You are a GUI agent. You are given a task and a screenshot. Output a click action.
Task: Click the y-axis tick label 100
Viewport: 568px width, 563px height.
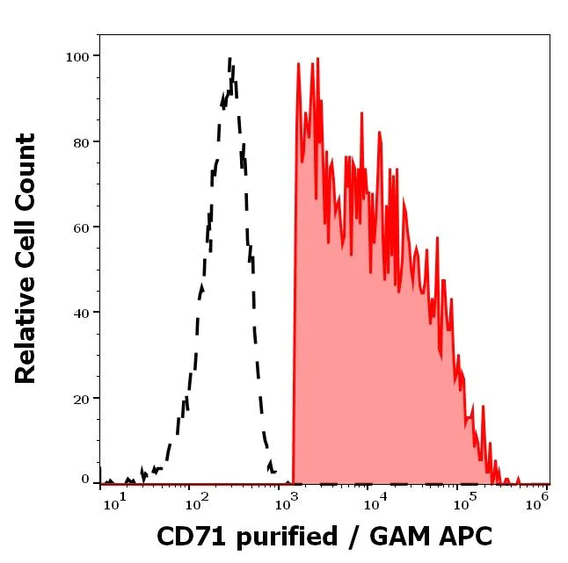point(77,56)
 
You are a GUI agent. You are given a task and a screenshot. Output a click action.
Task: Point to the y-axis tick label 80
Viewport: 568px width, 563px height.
point(81,141)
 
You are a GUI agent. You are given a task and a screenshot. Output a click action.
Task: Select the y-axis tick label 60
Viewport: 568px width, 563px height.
point(81,227)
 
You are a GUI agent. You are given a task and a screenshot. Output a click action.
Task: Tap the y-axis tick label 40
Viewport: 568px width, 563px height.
point(81,313)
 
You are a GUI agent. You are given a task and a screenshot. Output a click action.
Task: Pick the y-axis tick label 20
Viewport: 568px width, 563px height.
point(81,398)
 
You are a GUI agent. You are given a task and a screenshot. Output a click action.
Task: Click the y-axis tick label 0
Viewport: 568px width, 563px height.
point(85,480)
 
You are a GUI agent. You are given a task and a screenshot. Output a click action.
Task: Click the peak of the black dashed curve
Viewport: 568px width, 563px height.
point(229,60)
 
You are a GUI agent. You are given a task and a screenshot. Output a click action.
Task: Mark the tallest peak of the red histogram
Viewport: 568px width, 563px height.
point(299,63)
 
